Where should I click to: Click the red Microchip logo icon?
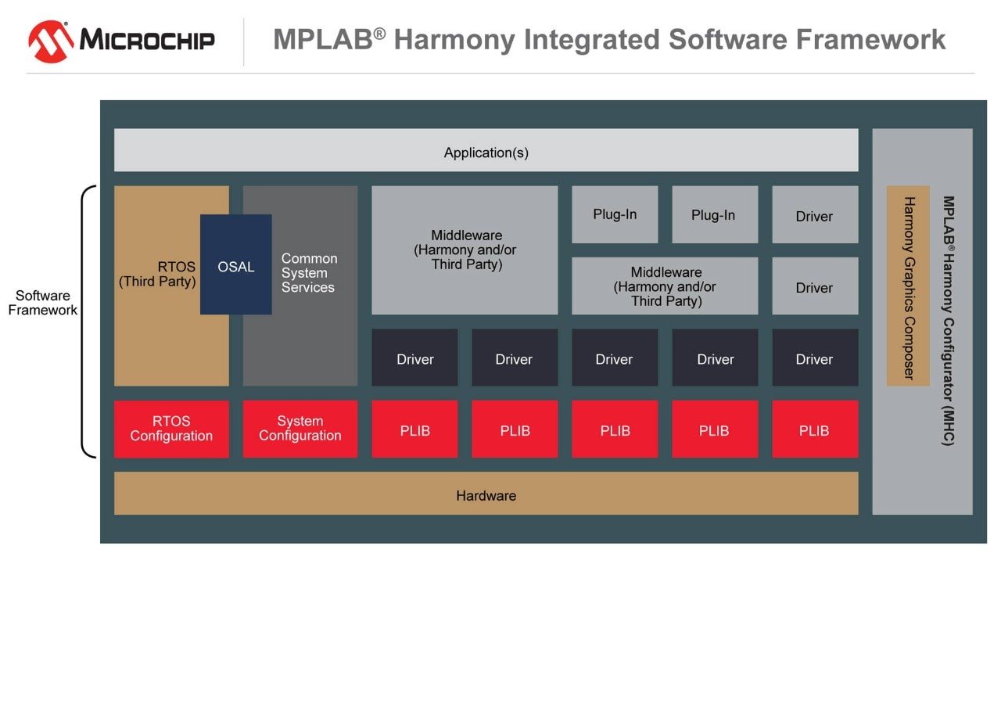52,41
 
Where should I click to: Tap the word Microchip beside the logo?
147,40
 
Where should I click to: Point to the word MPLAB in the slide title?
322,40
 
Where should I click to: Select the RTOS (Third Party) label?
157,275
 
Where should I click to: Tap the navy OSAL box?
236,265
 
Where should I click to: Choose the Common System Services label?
308,273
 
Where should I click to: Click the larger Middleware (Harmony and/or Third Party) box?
465,250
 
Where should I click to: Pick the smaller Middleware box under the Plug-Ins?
665,286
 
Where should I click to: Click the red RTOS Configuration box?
171,429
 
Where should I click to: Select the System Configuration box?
300,429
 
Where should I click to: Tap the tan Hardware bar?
486,494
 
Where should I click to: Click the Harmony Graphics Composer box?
908,286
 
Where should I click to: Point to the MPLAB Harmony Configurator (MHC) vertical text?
949,321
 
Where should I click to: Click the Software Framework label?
43,303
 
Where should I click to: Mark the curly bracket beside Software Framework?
85,322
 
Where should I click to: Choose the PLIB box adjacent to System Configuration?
414,429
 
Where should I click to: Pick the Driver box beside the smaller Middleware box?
815,286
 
